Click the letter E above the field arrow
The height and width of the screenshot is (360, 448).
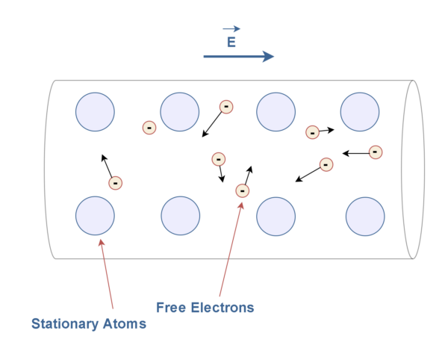(x=231, y=43)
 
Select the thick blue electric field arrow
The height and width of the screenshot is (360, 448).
(x=239, y=57)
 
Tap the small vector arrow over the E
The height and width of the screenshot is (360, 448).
(x=231, y=29)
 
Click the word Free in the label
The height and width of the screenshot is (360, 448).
(x=173, y=307)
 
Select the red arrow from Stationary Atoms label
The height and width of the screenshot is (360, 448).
(x=106, y=273)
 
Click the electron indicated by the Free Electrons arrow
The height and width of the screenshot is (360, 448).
(x=242, y=191)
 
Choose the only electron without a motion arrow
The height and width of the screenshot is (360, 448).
(x=149, y=128)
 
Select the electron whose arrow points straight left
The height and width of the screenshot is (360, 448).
(x=376, y=152)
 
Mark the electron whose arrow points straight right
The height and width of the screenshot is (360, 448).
(x=313, y=132)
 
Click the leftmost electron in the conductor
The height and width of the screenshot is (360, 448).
(x=115, y=182)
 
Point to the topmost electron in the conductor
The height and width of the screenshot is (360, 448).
(x=225, y=107)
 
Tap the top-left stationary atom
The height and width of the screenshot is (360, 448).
(x=95, y=112)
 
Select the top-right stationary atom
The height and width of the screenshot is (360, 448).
(x=360, y=112)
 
